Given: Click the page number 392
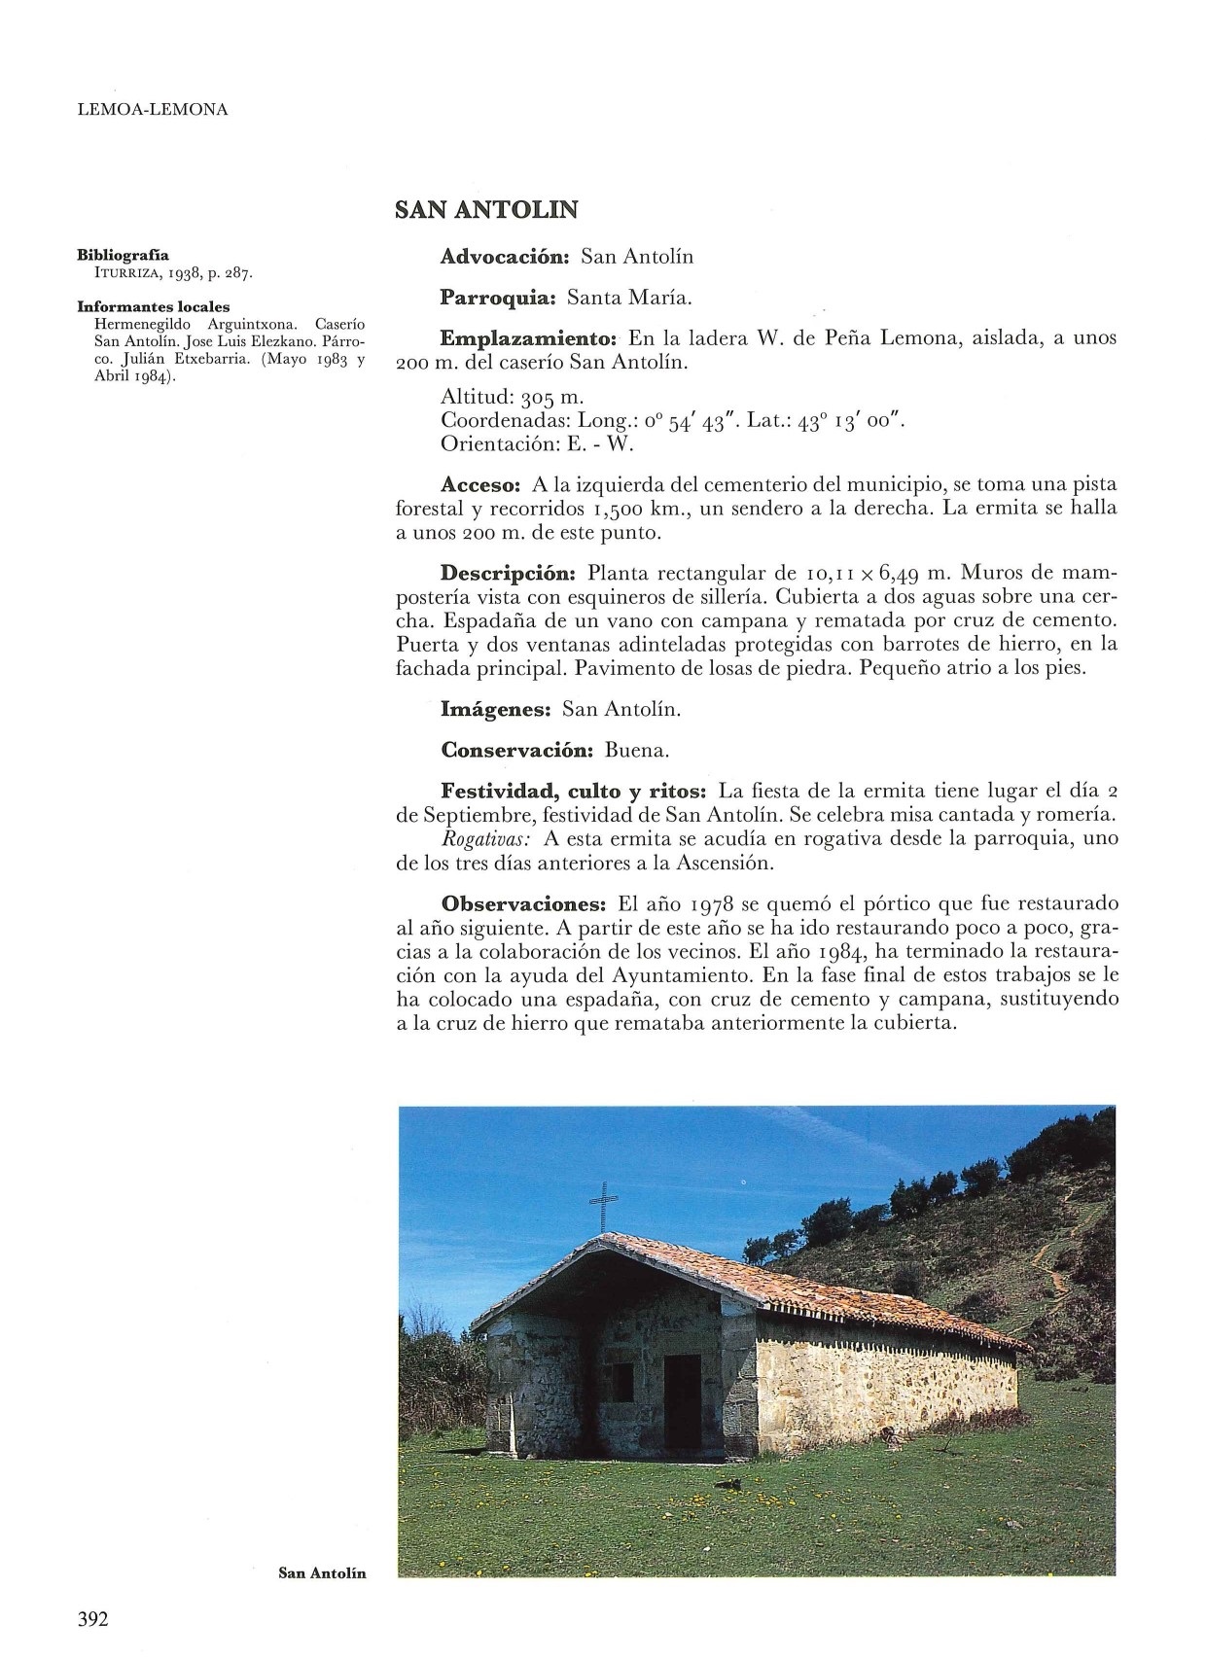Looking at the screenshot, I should click(x=92, y=1619).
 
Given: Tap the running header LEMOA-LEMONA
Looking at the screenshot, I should click(x=152, y=110).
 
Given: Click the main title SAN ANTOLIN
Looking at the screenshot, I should click(x=486, y=209).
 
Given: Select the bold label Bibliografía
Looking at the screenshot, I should click(x=123, y=256).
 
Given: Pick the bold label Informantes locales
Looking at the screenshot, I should click(x=154, y=306).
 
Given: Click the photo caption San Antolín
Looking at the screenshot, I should click(x=322, y=1572).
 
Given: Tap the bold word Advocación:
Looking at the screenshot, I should click(x=504, y=257).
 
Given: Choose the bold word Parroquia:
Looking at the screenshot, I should click(x=497, y=298).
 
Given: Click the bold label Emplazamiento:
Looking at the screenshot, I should click(x=529, y=338).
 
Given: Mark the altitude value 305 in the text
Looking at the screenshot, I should click(x=538, y=398).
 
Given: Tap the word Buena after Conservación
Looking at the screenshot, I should click(x=636, y=751).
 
